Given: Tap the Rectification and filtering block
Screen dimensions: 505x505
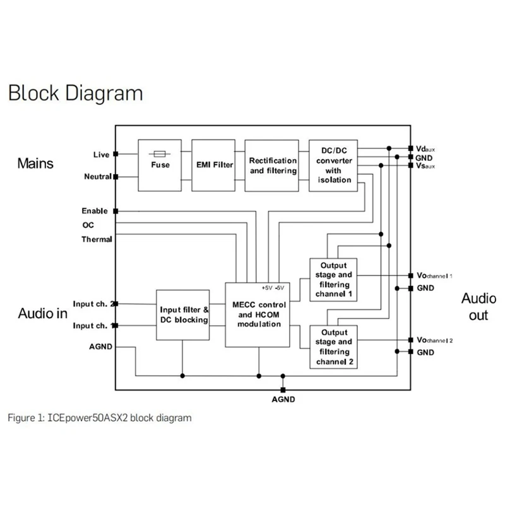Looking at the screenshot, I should pyautogui.click(x=272, y=165).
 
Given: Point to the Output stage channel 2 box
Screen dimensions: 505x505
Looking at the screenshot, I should pyautogui.click(x=333, y=346).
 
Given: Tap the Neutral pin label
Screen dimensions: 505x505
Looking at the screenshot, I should pyautogui.click(x=98, y=177).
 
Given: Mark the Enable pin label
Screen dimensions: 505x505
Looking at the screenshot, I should pyautogui.click(x=95, y=211).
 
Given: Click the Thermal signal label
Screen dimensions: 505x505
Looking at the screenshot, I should pyautogui.click(x=97, y=239).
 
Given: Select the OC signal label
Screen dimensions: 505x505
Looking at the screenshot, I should pyautogui.click(x=88, y=225).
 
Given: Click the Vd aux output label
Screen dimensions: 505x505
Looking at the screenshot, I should pyautogui.click(x=425, y=149).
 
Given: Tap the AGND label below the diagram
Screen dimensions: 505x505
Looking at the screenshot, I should pyautogui.click(x=282, y=400).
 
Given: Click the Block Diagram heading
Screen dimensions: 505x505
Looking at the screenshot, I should pyautogui.click(x=76, y=93).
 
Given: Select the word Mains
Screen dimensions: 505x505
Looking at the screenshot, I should pyautogui.click(x=35, y=163).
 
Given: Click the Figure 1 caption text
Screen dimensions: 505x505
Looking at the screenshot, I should pyautogui.click(x=99, y=418).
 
